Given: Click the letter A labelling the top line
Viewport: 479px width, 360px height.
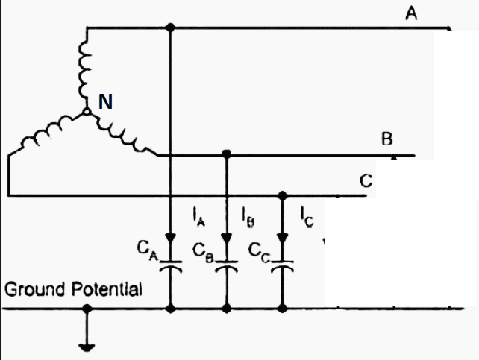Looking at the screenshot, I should click(x=411, y=13).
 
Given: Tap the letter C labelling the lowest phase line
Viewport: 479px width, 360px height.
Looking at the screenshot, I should click(x=366, y=181).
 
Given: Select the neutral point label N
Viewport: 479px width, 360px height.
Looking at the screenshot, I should click(x=106, y=103).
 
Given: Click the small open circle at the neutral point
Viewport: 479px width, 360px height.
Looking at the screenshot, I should click(x=87, y=113).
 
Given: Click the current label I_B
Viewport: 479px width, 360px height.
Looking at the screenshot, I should click(x=248, y=218).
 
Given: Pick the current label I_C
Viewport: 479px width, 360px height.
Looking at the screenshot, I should click(x=306, y=218).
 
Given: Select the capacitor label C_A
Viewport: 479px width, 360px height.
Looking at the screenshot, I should click(x=147, y=249).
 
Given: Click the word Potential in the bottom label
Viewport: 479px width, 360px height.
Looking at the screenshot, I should click(x=107, y=289).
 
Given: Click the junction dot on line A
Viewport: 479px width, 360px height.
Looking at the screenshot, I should click(x=171, y=28).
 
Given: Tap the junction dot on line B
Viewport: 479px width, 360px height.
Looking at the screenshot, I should click(x=227, y=154).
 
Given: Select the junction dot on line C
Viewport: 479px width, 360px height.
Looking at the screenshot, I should click(x=283, y=196).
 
